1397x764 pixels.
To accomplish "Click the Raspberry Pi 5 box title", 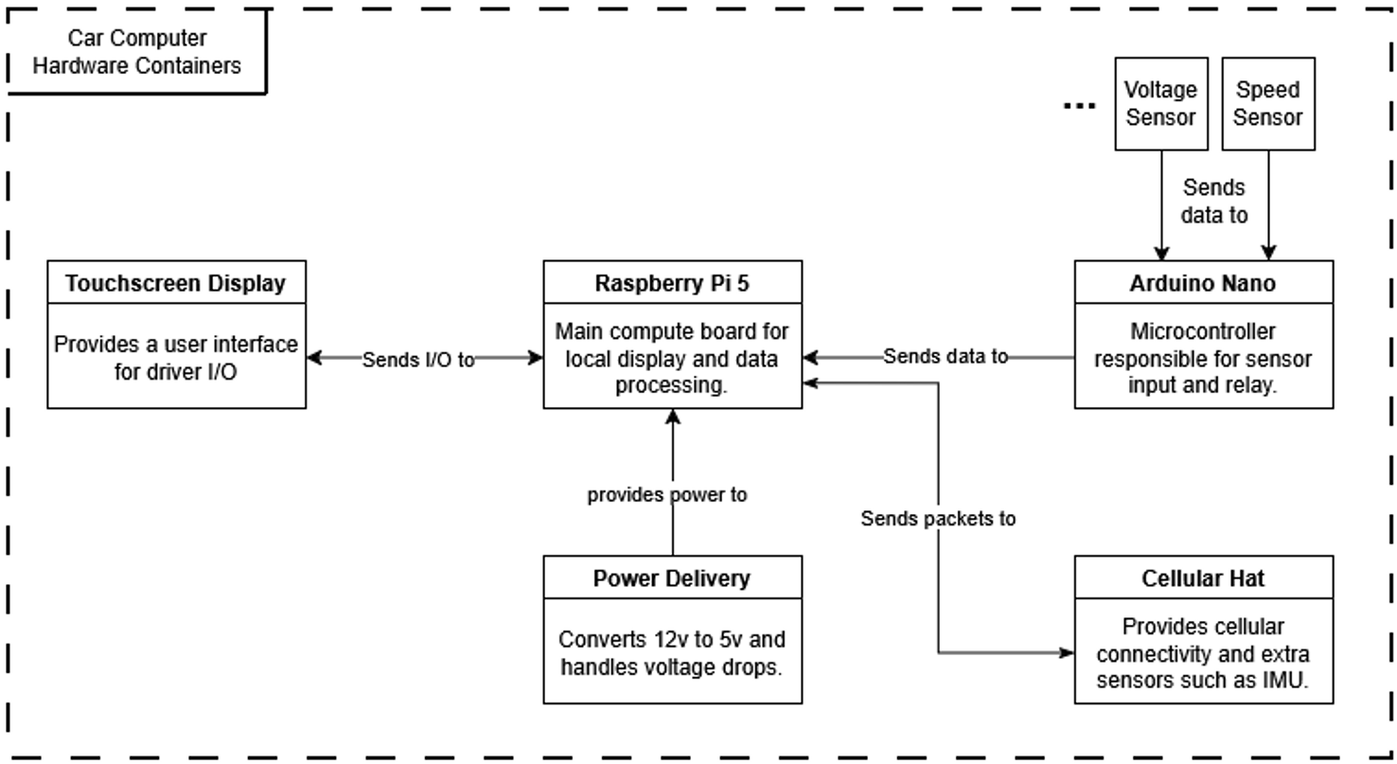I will coord(672,283).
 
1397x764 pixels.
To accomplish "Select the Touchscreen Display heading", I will coord(176,283).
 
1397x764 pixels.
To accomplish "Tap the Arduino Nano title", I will coord(1203,283).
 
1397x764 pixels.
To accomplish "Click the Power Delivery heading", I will coord(672,578).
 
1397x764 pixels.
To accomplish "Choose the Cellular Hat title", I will coord(1203,578).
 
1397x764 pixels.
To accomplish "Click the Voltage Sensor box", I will coord(1161,103).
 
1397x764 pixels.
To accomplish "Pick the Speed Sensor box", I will coord(1268,103).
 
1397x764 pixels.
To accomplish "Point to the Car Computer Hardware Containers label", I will coord(137,52).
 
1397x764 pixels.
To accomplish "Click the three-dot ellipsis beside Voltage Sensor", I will coord(1079,106).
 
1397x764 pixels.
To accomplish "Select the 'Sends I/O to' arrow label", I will coord(418,359).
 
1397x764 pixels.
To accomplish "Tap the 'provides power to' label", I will coord(667,494).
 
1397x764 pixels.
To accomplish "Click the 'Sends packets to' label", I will coord(938,519).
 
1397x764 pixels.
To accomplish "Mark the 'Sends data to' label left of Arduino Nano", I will coord(946,357).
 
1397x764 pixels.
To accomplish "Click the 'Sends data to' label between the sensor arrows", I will coord(1214,201).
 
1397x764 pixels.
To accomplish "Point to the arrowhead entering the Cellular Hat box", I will coord(1067,653).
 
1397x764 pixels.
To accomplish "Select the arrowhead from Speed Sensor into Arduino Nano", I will coord(1268,253).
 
